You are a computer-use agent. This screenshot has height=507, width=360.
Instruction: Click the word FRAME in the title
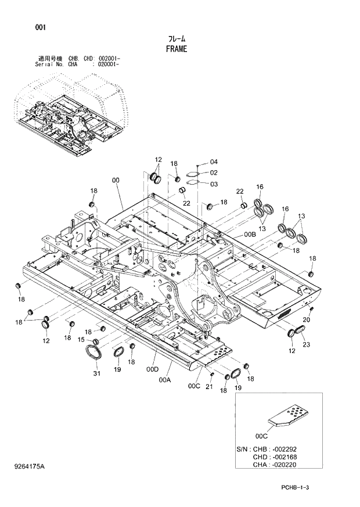pyautogui.click(x=176, y=49)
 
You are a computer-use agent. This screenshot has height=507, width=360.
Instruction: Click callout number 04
pyautogui.click(x=213, y=161)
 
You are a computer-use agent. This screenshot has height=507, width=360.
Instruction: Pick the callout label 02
pyautogui.click(x=213, y=172)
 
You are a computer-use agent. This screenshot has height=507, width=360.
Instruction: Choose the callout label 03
pyautogui.click(x=213, y=184)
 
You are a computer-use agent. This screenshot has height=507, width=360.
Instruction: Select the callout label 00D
pyautogui.click(x=153, y=369)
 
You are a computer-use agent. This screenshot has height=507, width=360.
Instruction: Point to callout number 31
pyautogui.click(x=96, y=374)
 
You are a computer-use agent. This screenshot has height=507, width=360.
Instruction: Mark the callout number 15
pyautogui.click(x=81, y=340)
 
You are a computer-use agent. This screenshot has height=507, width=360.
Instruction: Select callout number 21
pyautogui.click(x=210, y=387)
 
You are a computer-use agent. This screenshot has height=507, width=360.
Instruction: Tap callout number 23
pyautogui.click(x=306, y=345)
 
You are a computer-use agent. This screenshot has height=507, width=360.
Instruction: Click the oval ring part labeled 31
pyautogui.click(x=94, y=353)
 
